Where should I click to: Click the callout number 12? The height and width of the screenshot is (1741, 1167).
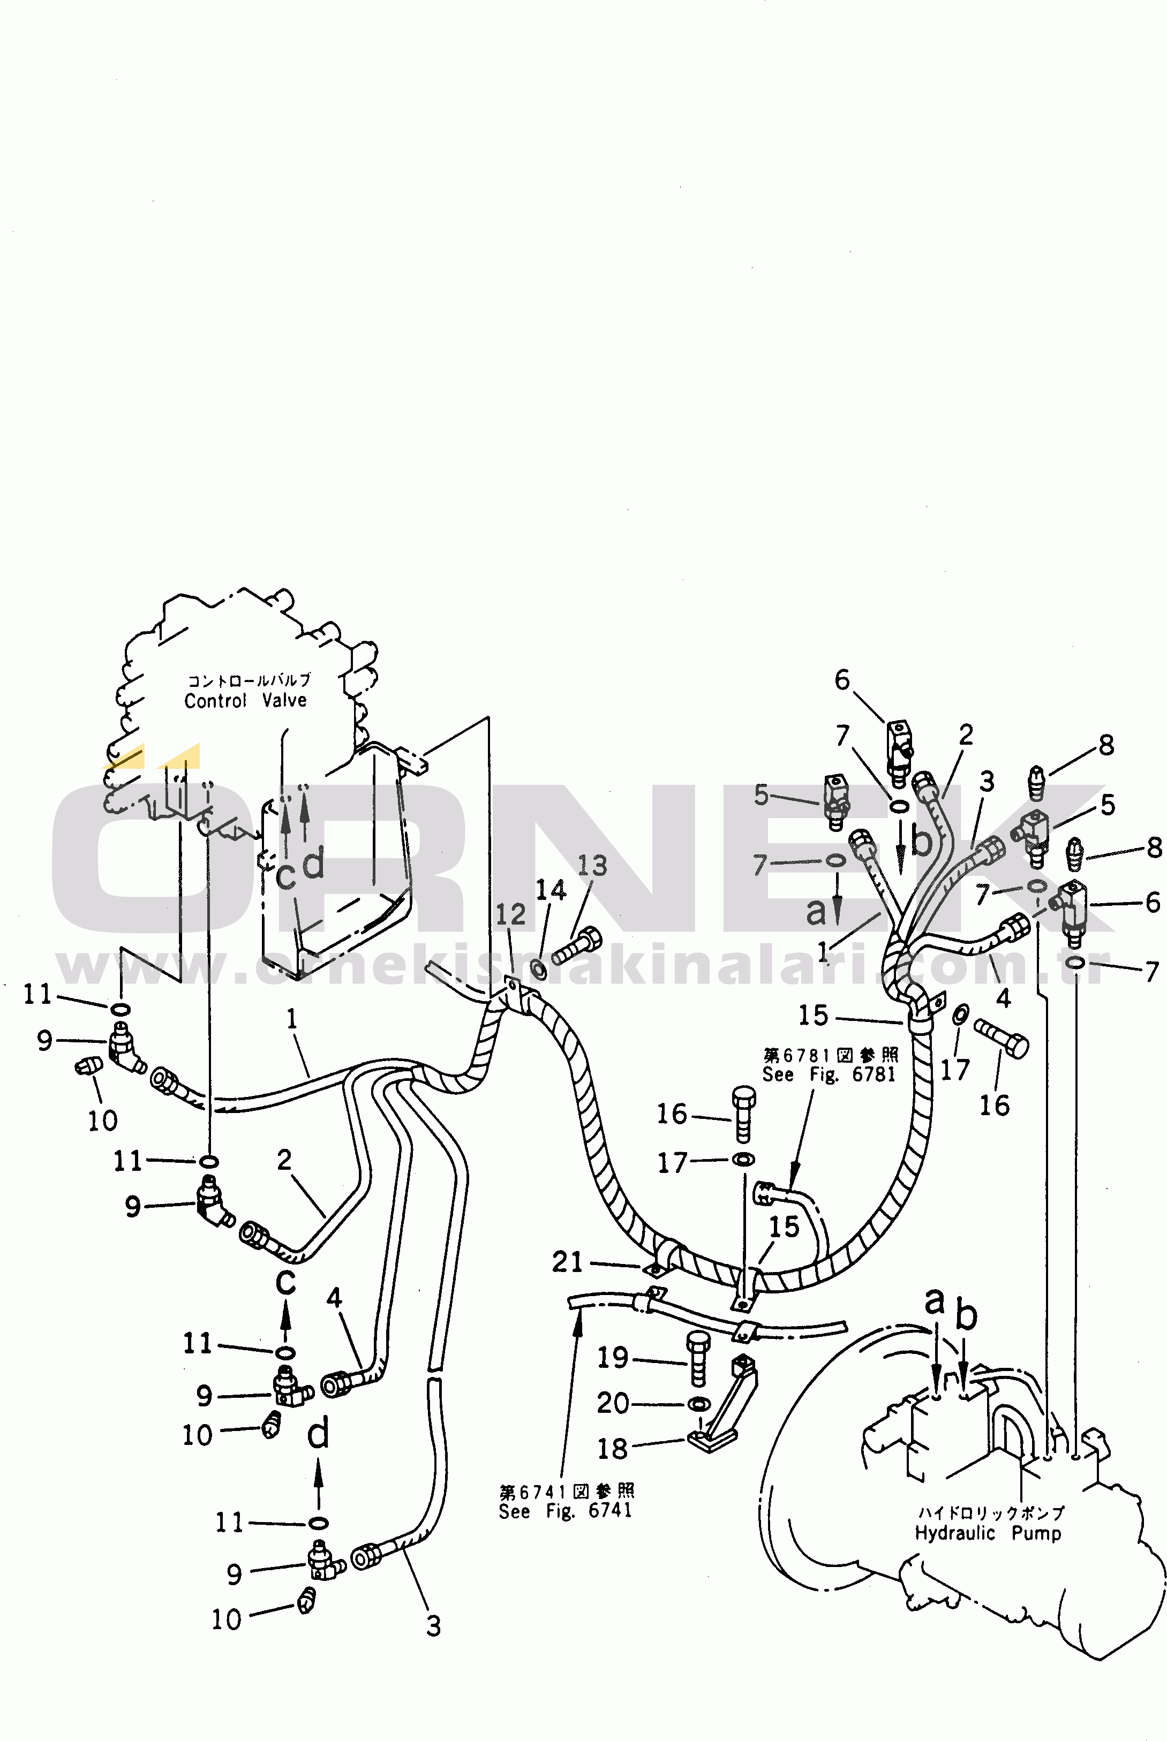tap(510, 914)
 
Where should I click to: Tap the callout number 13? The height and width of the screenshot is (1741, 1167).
tap(592, 865)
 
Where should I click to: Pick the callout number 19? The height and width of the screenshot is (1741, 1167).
tap(613, 1358)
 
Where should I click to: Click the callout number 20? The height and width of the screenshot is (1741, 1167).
tap(613, 1403)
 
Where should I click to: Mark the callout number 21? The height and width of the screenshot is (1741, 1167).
tap(567, 1262)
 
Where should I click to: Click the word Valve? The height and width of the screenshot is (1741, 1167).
tap(284, 700)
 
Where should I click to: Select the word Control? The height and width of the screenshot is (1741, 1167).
tap(215, 701)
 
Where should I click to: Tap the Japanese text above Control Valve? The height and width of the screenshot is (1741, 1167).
tap(249, 680)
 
